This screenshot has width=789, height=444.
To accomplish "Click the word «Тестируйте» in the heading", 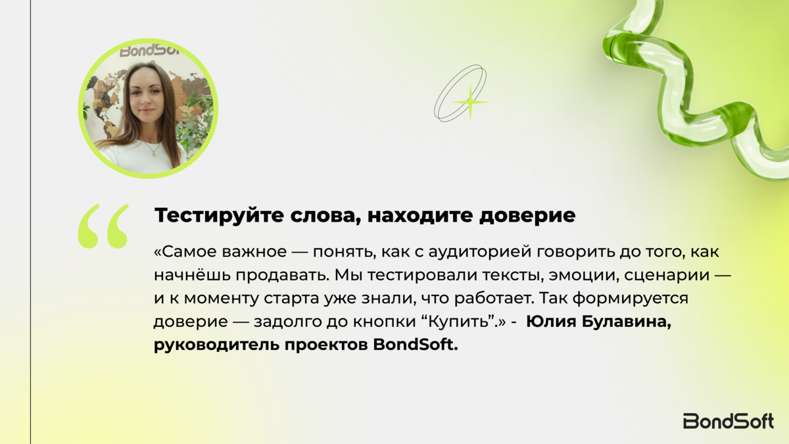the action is pos(219,215).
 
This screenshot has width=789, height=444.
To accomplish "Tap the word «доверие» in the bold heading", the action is pos(527,216).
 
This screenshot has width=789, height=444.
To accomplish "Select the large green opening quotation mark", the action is pos(103,226).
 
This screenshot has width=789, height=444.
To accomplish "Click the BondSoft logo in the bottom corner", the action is pos(729,421).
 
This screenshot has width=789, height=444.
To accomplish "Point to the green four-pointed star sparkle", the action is pos(470,102).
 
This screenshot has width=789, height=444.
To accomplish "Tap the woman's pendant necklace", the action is pos(155,150).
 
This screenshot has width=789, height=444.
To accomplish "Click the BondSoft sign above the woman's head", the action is pos(150,51).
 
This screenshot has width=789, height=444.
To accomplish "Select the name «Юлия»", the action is pos(550,322).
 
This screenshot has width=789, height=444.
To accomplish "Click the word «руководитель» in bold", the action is pos(216,345).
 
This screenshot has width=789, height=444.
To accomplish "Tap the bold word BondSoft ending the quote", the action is pos(416,345).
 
